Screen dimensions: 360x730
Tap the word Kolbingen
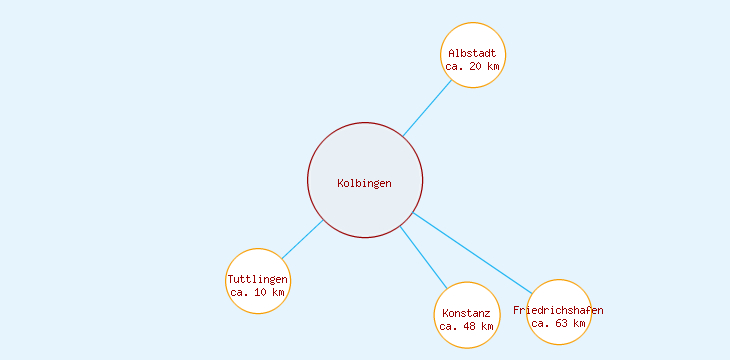tap(365, 183)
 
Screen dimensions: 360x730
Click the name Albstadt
tap(473, 52)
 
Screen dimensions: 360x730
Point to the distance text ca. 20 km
tap(473, 66)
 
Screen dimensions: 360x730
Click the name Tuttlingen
tap(258, 279)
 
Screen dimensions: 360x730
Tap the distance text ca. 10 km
tap(258, 293)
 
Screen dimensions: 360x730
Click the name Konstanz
tap(466, 313)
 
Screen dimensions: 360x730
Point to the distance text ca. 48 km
tap(466, 326)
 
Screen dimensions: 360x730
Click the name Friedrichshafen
tap(559, 310)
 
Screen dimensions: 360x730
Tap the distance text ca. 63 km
tap(559, 323)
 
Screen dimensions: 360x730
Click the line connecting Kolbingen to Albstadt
tap(427, 109)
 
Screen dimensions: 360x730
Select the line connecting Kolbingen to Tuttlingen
tap(303, 239)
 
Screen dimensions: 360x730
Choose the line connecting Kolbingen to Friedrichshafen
tap(470, 247)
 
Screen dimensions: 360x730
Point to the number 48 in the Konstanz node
tap(471, 326)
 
